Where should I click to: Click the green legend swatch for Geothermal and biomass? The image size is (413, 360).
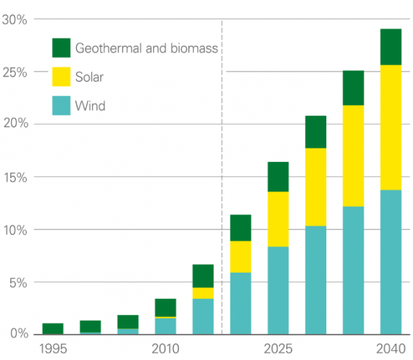[x=62, y=48]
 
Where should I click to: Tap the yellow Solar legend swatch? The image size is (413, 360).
[x=62, y=77]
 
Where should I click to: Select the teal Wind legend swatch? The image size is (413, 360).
[x=62, y=105]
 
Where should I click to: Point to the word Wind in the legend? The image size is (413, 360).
[x=90, y=105]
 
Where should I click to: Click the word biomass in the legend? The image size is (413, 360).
[x=193, y=48]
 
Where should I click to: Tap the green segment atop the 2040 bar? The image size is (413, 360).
[x=390, y=47]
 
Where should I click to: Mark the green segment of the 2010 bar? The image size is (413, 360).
[x=165, y=308]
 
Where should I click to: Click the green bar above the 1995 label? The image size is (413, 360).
[x=52, y=328]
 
